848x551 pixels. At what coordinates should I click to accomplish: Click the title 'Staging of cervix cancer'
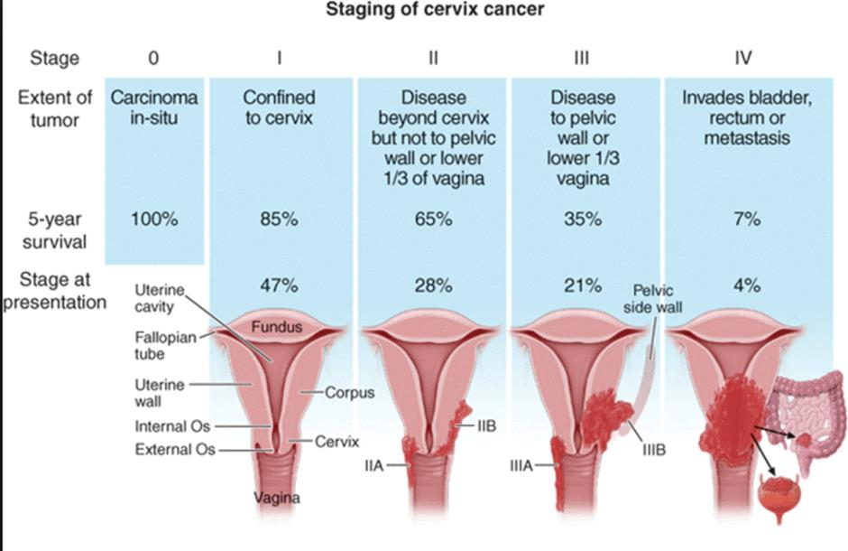(435, 9)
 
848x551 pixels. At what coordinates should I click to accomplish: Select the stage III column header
(582, 58)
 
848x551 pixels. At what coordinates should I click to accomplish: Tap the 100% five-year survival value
(154, 219)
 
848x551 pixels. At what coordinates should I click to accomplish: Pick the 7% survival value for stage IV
(747, 219)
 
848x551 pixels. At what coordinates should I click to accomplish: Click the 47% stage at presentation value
(279, 285)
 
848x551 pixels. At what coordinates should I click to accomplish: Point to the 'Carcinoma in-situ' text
(154, 107)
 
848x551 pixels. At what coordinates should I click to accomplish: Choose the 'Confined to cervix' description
(279, 107)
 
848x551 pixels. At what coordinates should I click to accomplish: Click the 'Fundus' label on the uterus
(276, 326)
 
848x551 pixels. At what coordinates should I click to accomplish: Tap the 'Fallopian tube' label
(165, 345)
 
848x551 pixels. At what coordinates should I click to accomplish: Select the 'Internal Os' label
(172, 426)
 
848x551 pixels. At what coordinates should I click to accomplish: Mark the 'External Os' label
(175, 449)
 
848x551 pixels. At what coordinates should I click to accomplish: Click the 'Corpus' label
(349, 392)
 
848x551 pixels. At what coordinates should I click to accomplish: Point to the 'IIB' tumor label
(487, 426)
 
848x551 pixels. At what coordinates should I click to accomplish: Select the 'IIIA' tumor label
(521, 465)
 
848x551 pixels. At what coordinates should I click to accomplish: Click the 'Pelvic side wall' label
(653, 299)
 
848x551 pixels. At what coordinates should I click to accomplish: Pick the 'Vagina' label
(277, 498)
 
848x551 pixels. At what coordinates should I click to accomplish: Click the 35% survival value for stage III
(583, 219)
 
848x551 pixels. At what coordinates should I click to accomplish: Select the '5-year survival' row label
(55, 230)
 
